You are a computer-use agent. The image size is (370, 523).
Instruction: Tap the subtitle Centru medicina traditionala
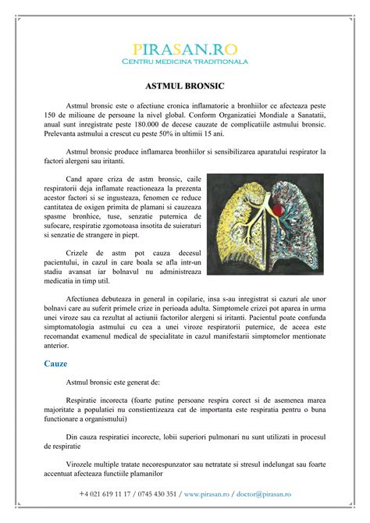[184, 61]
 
